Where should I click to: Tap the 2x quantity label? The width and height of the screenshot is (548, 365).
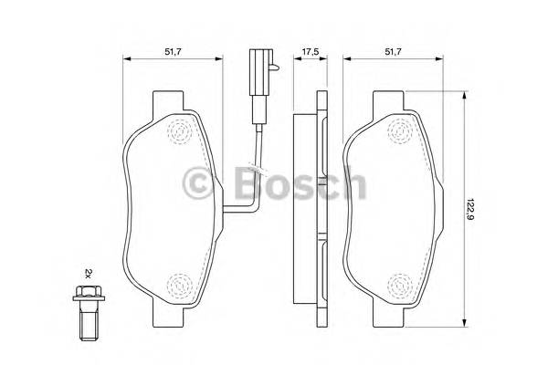coord(89,273)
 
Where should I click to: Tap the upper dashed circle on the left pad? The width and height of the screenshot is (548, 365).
coord(182,132)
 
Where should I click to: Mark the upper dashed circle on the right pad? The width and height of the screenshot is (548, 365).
coord(398,133)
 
